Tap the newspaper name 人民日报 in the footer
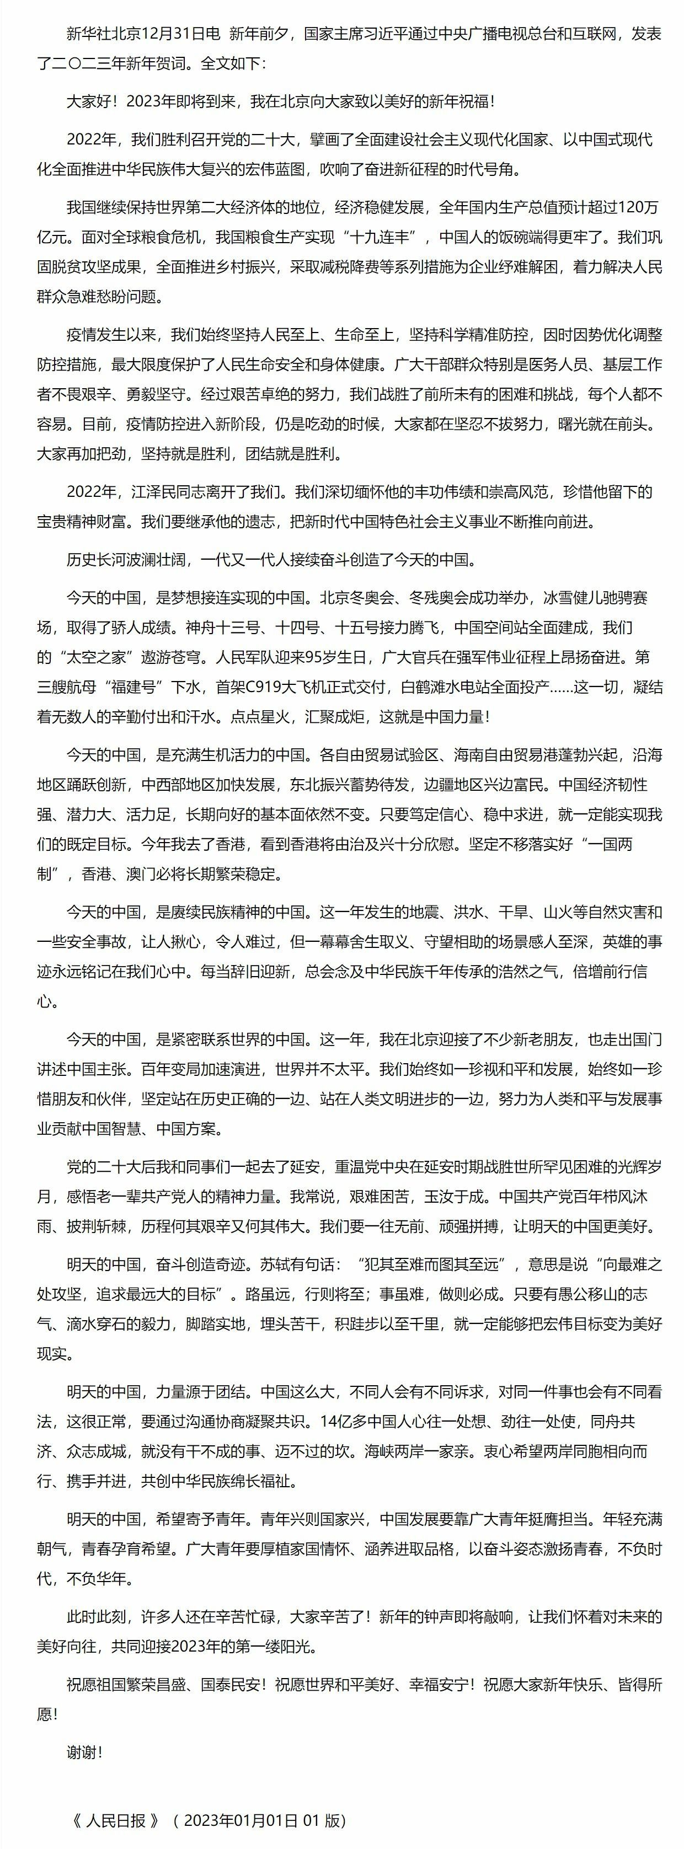[x=115, y=1820]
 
